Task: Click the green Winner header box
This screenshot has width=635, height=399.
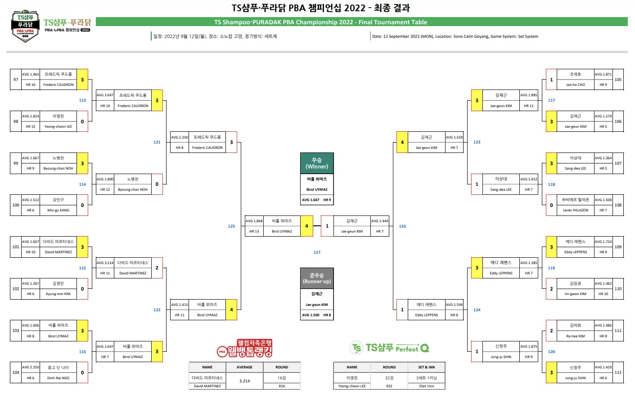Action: (x=317, y=163)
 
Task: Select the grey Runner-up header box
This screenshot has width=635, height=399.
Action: (x=317, y=278)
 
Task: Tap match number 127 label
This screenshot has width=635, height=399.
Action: (x=317, y=252)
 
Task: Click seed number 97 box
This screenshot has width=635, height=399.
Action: (x=16, y=80)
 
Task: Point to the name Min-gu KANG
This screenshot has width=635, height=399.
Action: (x=58, y=210)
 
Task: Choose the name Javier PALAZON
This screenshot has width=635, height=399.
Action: (x=575, y=210)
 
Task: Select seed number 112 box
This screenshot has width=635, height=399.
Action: (x=618, y=372)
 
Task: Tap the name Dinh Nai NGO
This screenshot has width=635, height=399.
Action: (x=58, y=378)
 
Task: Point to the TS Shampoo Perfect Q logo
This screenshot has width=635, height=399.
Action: (x=389, y=348)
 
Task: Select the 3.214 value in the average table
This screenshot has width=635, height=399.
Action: (x=244, y=381)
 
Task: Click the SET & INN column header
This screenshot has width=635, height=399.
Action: (x=426, y=367)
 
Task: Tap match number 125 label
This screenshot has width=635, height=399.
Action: (x=231, y=226)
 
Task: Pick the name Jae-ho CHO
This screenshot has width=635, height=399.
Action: (x=575, y=85)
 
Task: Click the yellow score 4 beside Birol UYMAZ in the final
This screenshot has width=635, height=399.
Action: (x=306, y=226)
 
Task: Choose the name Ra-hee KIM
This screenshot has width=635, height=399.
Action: (x=575, y=336)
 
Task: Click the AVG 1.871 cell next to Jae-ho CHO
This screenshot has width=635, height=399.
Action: (x=603, y=74)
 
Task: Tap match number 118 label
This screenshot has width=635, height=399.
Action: (x=551, y=184)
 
